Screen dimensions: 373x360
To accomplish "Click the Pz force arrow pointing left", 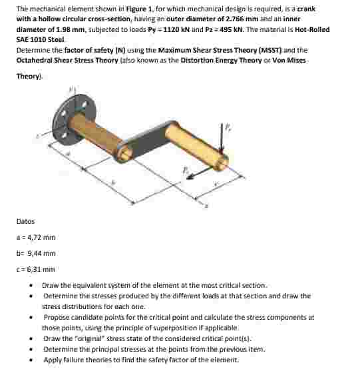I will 194,175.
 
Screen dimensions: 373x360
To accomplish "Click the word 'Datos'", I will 25,221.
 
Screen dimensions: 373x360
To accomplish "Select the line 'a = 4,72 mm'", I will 37,237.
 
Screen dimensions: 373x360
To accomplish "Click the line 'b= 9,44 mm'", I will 36,253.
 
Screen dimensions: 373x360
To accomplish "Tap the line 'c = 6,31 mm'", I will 36,269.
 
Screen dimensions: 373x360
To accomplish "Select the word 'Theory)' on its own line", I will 29,76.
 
